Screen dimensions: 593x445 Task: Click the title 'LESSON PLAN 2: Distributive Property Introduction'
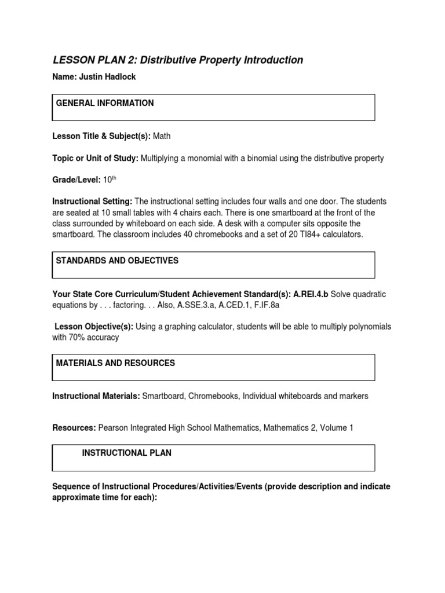tap(178, 60)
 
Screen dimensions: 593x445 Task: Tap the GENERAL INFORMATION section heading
tap(105, 103)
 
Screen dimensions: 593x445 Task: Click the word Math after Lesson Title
tap(162, 136)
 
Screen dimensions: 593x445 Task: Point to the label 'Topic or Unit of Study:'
tap(95, 158)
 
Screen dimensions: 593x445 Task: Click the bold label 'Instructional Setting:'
tap(92, 202)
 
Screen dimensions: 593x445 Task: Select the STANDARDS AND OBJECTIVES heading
tap(117, 261)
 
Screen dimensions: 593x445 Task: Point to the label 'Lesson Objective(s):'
tap(93, 327)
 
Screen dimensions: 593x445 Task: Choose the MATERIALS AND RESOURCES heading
tap(115, 363)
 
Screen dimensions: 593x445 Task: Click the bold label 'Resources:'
tap(74, 427)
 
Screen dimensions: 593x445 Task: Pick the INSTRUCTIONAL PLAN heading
tap(126, 453)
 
